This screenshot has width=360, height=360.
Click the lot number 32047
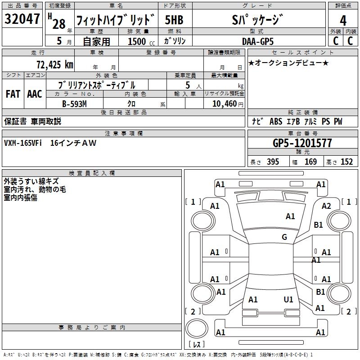(22, 19)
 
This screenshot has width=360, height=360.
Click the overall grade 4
(343, 20)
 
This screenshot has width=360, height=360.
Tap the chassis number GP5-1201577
(302, 143)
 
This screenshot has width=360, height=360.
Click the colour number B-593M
(75, 103)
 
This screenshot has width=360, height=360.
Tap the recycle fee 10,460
(224, 103)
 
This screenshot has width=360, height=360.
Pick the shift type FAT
(13, 94)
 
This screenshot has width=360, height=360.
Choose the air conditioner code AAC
(34, 94)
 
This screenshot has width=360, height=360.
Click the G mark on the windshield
(284, 237)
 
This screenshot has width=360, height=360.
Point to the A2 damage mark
(326, 206)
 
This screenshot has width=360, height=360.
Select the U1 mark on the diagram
(288, 299)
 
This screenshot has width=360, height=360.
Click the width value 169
(311, 162)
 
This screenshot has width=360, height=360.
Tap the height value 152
(346, 162)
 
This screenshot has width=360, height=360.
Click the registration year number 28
(59, 23)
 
